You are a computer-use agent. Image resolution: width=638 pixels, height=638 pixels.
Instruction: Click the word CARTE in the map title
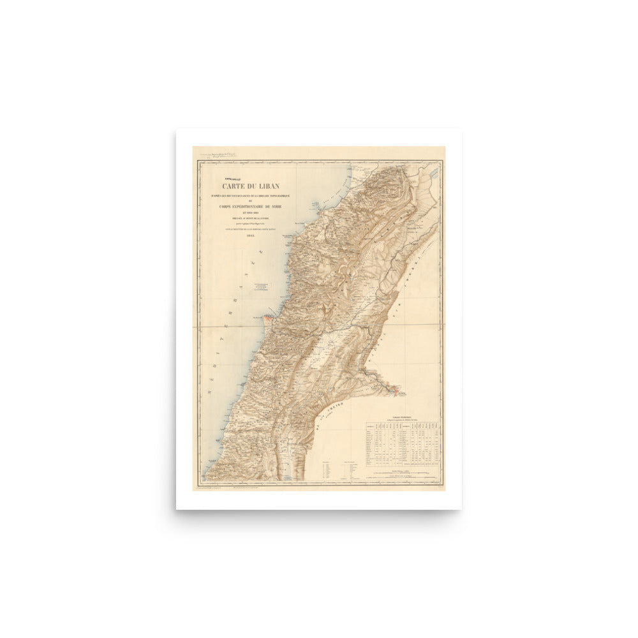[x=234, y=186]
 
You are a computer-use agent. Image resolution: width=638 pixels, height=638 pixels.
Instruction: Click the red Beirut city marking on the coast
[x=266, y=316]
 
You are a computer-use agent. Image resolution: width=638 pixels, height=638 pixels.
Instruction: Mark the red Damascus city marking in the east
[x=395, y=388]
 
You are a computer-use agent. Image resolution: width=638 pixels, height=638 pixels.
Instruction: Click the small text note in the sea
[x=260, y=286]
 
